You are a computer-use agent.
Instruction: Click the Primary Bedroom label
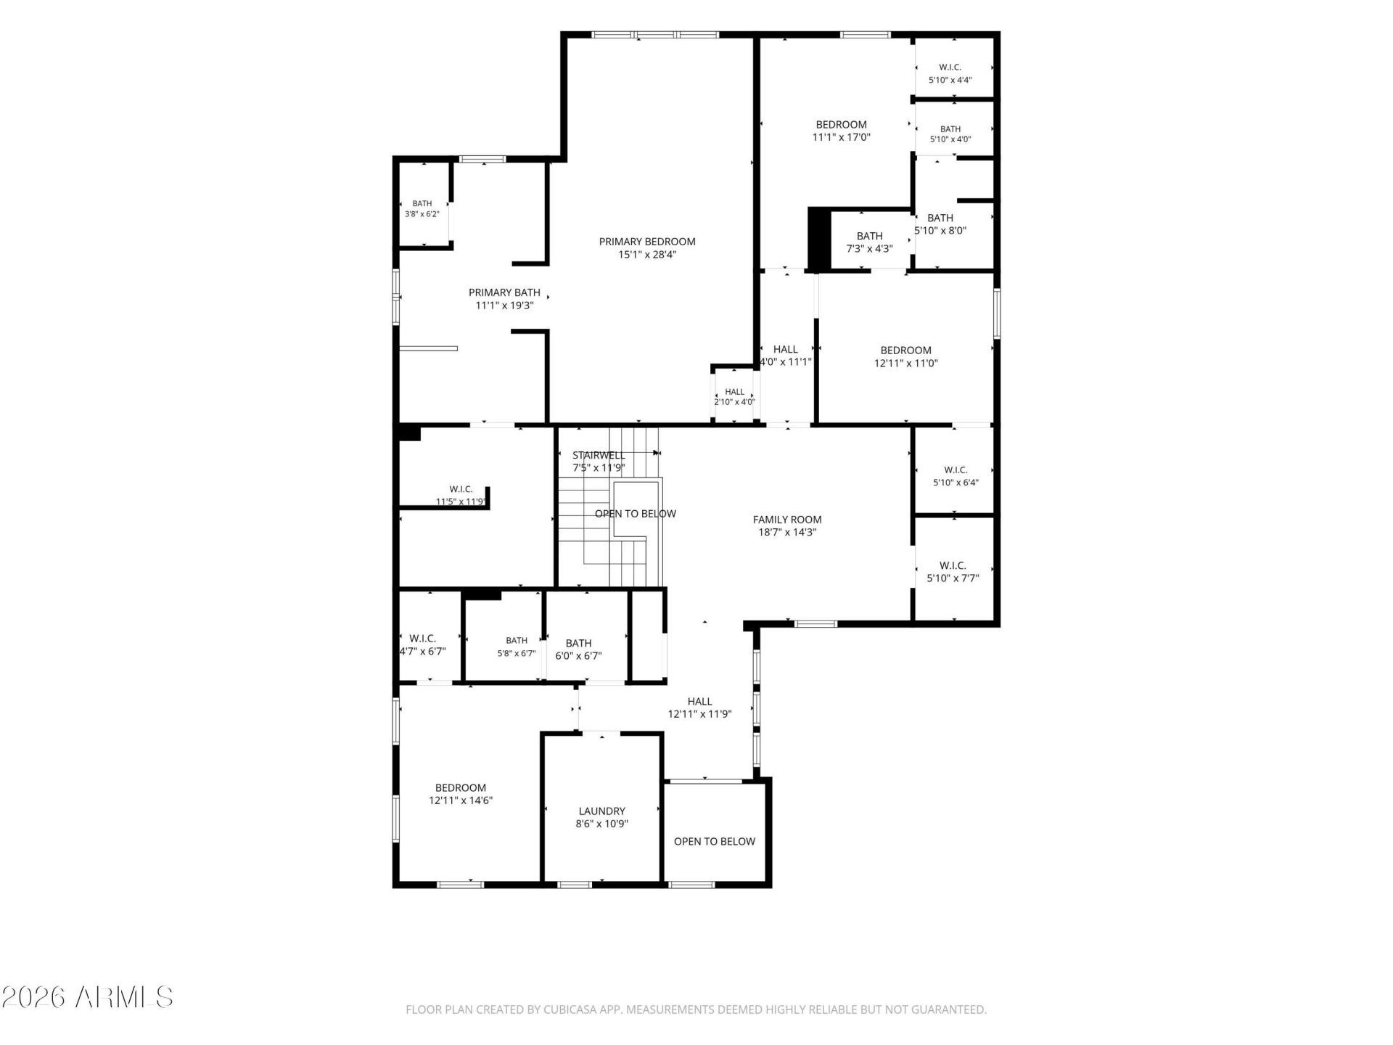click(x=647, y=242)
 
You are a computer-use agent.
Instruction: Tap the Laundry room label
click(x=601, y=811)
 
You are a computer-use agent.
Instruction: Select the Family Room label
click(x=787, y=520)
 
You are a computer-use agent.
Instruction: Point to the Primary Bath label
click(x=504, y=292)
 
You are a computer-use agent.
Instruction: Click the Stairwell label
click(x=599, y=456)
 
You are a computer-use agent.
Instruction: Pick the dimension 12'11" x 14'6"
click(x=461, y=800)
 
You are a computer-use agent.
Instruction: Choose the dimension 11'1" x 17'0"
click(x=841, y=137)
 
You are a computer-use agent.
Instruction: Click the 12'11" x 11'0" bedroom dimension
click(x=905, y=363)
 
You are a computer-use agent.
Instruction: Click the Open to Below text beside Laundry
click(x=715, y=842)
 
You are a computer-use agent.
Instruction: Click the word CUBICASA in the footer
click(x=572, y=1009)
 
